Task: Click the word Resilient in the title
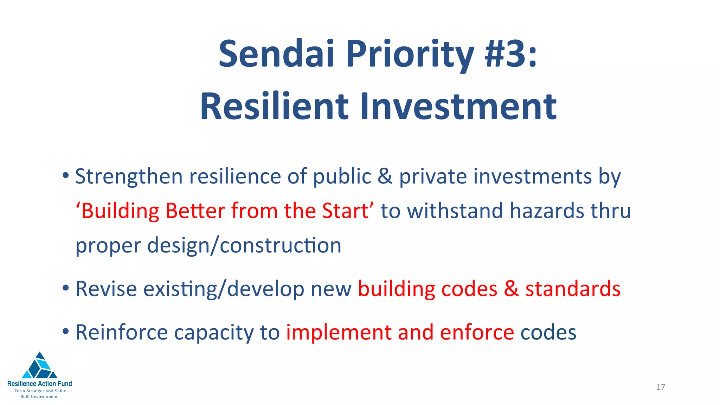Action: click(274, 107)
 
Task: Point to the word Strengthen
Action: click(129, 176)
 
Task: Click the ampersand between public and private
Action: click(385, 176)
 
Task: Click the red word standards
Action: click(573, 289)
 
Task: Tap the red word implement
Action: click(339, 333)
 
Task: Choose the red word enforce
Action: click(477, 333)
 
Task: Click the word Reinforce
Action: click(122, 333)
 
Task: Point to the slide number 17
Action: click(661, 387)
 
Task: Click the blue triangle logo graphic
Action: click(40, 367)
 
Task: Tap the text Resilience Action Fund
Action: click(40, 384)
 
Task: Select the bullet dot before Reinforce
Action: click(66, 331)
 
